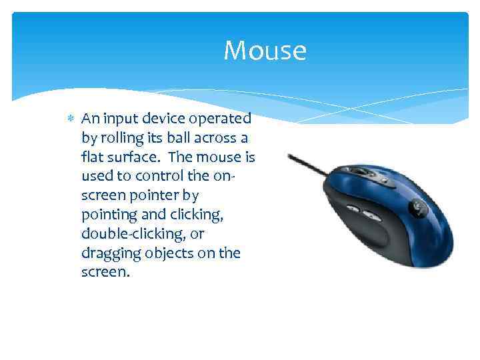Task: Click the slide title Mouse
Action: tap(265, 51)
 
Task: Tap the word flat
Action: tap(93, 158)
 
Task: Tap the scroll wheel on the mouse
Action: tap(365, 171)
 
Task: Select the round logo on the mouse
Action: tap(419, 206)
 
